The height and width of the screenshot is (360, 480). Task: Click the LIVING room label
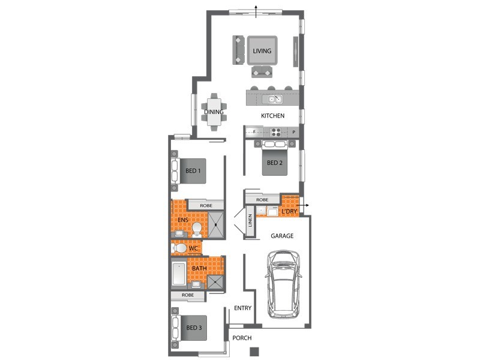pos(262,51)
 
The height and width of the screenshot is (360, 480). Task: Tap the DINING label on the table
pos(214,112)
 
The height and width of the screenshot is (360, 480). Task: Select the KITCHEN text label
pos(272,116)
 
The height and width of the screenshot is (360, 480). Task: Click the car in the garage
pos(283,284)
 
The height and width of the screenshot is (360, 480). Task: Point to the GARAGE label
pos(282,236)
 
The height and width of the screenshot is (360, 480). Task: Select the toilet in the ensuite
pos(197,230)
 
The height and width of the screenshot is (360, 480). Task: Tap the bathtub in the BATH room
pos(179,274)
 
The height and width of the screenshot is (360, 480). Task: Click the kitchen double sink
pos(272,99)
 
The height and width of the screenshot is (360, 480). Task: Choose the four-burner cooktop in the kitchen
pos(276,132)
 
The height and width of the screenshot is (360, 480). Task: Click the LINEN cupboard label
pos(250,220)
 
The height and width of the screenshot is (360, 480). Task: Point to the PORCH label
pos(242,338)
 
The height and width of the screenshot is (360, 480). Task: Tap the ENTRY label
pos(242,308)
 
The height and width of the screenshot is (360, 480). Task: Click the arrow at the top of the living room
pos(257,11)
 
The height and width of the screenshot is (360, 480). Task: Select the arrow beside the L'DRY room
pos(304,205)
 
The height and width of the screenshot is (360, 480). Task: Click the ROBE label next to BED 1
pos(206,206)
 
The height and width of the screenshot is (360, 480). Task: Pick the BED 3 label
pos(194,328)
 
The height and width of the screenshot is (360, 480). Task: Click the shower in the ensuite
pos(216,224)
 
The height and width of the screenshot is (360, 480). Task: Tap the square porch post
pos(254,352)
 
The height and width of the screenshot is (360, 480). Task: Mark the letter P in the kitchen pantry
pos(294,132)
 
